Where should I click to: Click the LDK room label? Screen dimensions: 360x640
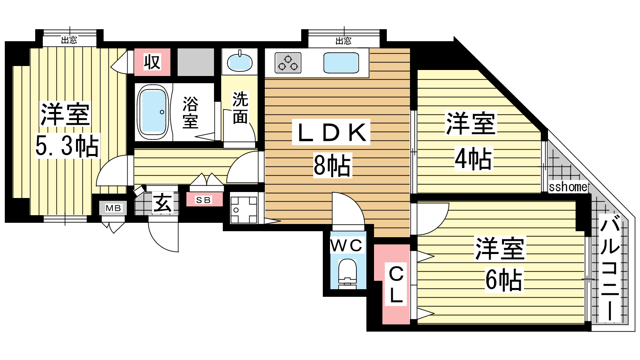331,132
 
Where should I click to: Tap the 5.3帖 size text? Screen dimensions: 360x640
67,146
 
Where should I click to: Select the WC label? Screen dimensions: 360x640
346,246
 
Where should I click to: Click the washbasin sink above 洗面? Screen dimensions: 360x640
240,62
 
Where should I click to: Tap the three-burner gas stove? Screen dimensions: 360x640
288,63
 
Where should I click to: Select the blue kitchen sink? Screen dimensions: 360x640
341,63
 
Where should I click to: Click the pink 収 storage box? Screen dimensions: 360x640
152,62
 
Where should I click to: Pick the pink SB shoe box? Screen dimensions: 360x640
204,200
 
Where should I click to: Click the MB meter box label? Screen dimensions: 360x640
113,208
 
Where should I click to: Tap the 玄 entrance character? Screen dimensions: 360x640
163,203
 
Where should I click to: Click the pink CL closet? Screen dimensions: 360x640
396,285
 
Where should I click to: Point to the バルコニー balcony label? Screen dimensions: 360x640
610,268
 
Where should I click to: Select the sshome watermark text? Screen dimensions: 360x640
568,187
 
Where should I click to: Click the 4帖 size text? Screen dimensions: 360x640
473,159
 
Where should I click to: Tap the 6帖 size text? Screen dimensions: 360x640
504,280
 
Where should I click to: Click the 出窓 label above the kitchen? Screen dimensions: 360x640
343,41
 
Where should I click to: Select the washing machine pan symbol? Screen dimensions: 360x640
244,209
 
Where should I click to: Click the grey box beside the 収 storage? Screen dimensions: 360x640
196,62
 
